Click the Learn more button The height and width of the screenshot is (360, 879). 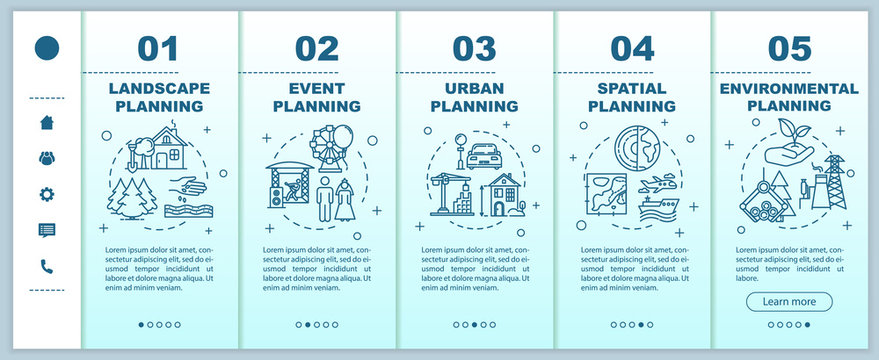(789, 301)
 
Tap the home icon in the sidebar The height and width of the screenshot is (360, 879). (46, 122)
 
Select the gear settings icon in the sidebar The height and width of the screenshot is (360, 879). (46, 194)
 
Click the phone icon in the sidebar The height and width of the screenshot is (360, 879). (46, 266)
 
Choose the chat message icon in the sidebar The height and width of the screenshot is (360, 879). (46, 230)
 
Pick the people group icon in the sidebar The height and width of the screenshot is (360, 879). (46, 158)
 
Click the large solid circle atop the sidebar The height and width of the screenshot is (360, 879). (46, 47)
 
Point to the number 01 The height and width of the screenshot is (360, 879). (157, 48)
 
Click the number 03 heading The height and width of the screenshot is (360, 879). (474, 48)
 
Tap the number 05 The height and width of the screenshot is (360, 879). (789, 48)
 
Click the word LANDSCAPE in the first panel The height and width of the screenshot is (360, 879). (157, 87)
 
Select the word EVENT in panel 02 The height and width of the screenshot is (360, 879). (316, 87)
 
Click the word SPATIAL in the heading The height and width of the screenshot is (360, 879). (631, 87)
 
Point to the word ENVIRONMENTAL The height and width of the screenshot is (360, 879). (789, 87)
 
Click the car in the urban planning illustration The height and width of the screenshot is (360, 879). (483, 154)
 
